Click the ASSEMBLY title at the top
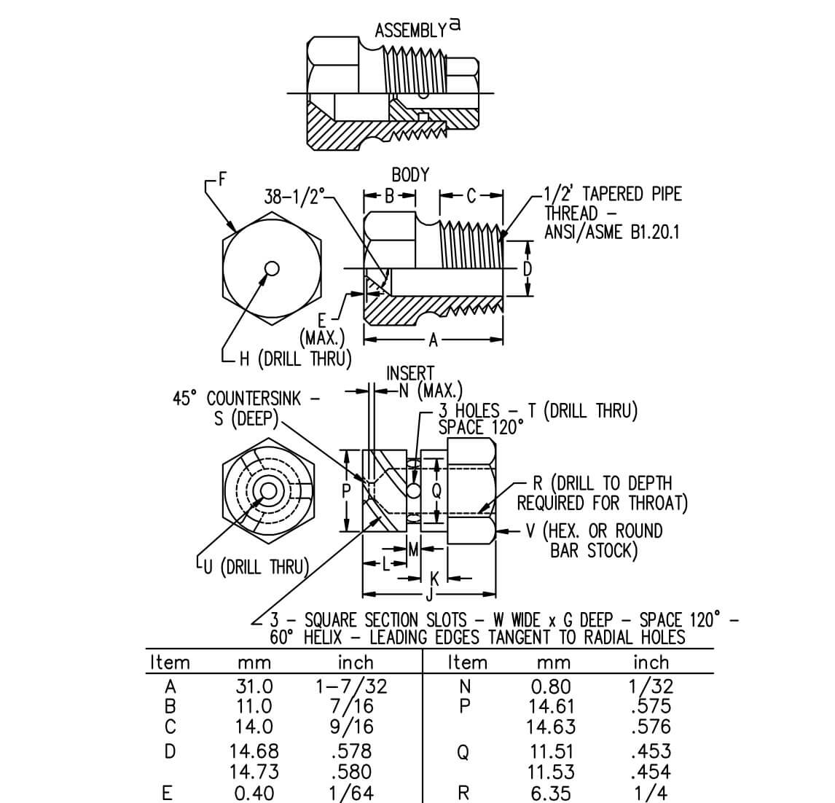click(x=409, y=30)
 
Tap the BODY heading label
click(x=410, y=175)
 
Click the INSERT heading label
click(x=409, y=373)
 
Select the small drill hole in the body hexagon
click(x=272, y=269)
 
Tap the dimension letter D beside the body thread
click(x=528, y=269)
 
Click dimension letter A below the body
click(x=434, y=340)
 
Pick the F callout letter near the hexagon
click(x=222, y=176)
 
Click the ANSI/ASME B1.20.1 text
click(x=612, y=232)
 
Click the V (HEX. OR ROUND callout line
click(x=595, y=530)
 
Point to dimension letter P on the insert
click(x=348, y=490)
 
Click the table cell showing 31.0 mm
click(x=254, y=686)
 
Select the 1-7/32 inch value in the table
click(x=351, y=686)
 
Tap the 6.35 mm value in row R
click(x=550, y=794)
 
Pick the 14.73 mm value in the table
click(x=254, y=771)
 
